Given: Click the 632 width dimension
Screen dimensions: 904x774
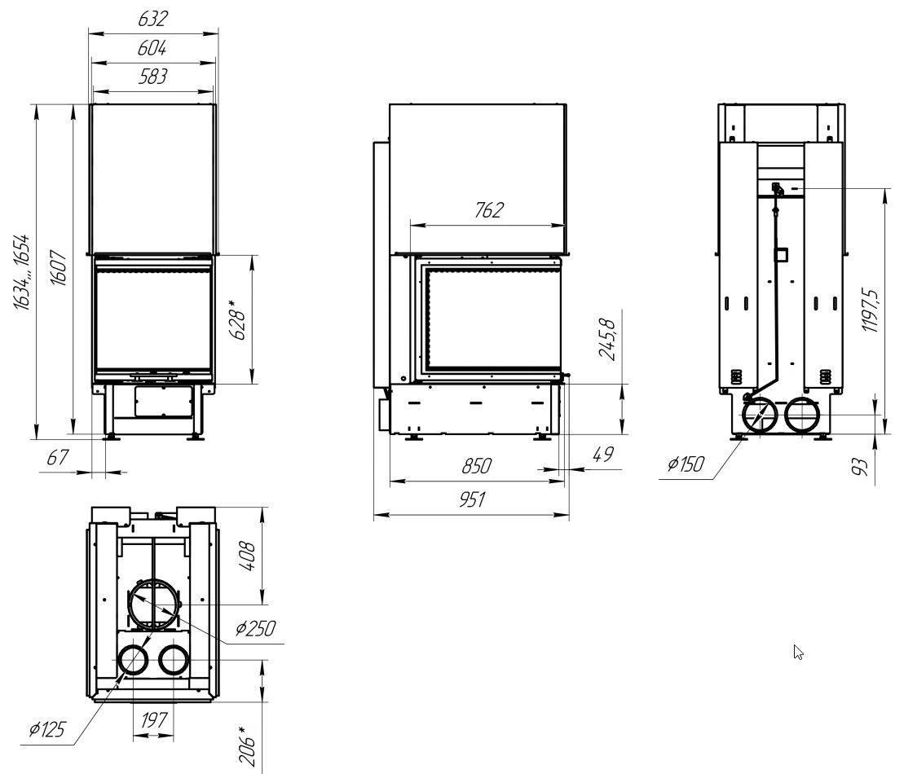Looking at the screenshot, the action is (152, 19).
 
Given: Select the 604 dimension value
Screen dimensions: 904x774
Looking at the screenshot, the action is (152, 47).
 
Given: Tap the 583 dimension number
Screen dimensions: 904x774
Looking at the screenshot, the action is (152, 76).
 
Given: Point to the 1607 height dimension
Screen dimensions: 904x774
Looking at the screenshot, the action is (59, 267).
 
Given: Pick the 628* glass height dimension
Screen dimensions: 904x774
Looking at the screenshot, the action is (238, 320).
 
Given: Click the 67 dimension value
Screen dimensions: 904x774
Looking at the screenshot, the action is (57, 458).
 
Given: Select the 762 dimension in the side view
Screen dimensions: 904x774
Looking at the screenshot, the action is (488, 209).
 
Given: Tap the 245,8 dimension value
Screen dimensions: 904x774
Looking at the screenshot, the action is (607, 340).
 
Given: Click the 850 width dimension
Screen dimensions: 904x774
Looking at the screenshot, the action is (476, 466).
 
